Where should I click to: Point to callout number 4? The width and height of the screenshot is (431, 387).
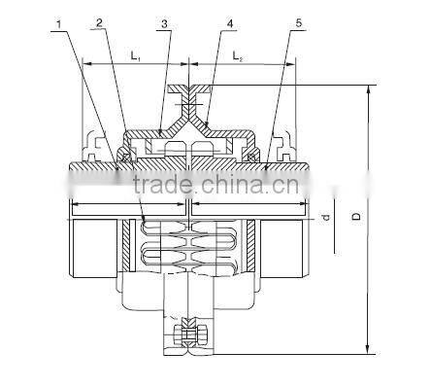(228, 20)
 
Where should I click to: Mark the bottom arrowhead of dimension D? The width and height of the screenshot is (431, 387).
(368, 350)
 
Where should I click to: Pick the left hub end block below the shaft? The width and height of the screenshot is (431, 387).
(89, 248)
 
